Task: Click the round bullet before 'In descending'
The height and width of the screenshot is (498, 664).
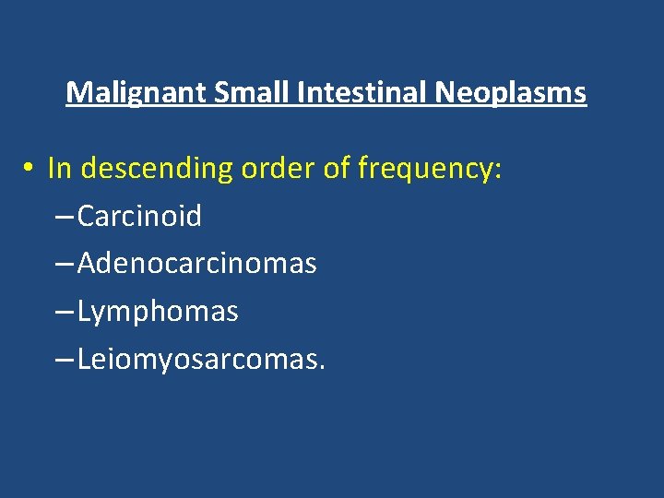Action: tap(30, 169)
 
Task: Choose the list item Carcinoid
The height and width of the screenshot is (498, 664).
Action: tap(139, 217)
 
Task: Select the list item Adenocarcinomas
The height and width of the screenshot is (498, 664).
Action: tap(196, 265)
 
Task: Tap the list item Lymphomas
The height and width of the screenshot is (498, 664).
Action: tap(158, 313)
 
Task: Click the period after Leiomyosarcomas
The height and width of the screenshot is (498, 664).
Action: tap(321, 367)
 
